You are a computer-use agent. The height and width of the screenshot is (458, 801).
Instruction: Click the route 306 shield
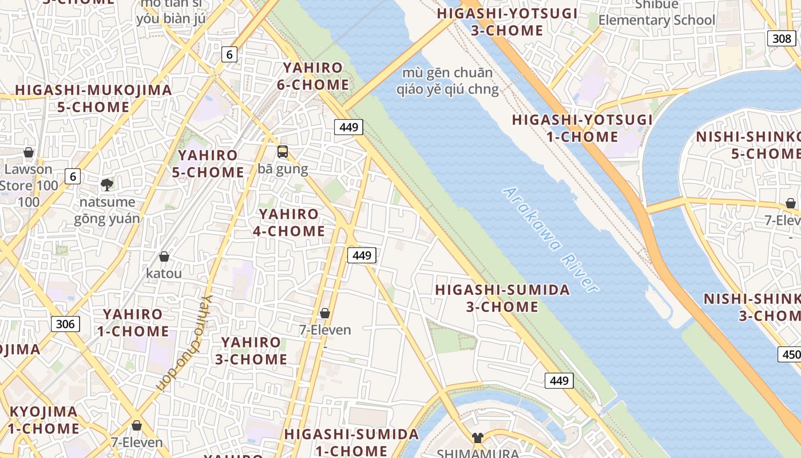point(66,324)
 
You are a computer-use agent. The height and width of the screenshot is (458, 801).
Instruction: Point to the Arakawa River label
point(550,239)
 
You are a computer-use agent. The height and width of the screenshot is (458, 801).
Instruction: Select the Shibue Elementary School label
point(657,13)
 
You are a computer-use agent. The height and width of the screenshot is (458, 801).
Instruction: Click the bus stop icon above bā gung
point(283,152)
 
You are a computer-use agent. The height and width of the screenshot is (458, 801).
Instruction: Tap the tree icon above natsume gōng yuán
point(106,184)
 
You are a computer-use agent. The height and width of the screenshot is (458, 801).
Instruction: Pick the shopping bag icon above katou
point(164,256)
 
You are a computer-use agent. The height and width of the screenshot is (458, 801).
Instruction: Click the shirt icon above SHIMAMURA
point(478,438)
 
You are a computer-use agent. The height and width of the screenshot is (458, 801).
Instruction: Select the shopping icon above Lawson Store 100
point(29,152)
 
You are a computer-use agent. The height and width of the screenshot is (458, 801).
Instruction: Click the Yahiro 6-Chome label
point(316,76)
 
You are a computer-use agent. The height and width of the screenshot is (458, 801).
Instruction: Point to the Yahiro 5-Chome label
point(208,164)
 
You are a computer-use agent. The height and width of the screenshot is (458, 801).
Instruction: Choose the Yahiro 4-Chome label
point(289,223)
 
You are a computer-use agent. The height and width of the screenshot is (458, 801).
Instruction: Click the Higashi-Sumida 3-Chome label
point(502,298)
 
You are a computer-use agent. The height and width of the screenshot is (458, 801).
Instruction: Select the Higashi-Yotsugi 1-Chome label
point(582,128)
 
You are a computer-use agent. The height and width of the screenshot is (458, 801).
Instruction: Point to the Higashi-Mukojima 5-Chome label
point(93,98)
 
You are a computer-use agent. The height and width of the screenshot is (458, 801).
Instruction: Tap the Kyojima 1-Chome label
point(44,420)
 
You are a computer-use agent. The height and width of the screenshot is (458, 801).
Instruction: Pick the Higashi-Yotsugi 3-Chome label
point(506,22)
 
